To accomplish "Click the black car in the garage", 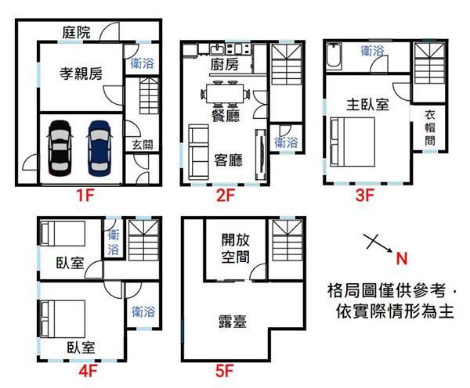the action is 60,148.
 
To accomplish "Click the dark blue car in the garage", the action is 99,148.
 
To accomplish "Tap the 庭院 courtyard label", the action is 76,32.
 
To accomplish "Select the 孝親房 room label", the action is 81,74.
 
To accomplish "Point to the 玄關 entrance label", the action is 143,145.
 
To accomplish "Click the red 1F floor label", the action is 85,196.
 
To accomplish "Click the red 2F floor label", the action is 226,196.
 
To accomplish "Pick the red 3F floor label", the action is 365,196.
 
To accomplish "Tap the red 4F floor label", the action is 88,372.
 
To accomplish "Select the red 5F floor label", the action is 224,372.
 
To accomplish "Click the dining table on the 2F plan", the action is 225,94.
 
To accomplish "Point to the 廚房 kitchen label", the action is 225,65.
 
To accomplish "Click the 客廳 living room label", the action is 228,160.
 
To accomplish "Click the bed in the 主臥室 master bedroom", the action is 352,142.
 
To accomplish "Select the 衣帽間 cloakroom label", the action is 430,128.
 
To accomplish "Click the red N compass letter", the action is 402,258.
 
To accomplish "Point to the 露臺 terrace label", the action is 233,322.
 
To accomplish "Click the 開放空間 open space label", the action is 235,248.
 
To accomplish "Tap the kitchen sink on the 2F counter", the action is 217,49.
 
